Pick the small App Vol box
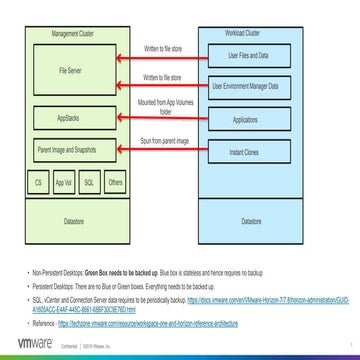coord(64,184)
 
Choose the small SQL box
coord(89,184)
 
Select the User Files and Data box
coord(248,55)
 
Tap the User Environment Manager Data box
coord(248,87)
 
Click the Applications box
coord(248,119)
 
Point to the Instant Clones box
coord(248,152)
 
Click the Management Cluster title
coord(76,33)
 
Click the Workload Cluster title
coord(248,33)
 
